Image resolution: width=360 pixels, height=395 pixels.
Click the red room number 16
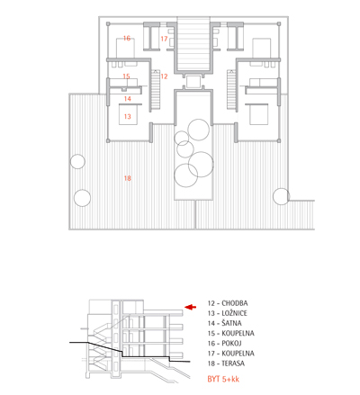click(x=127, y=38)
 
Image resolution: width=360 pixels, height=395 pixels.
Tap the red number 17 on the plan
click(x=164, y=39)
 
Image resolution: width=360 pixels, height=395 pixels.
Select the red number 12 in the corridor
click(x=164, y=76)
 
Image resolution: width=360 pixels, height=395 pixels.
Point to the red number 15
click(x=126, y=76)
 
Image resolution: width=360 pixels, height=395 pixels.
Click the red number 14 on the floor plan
click(x=127, y=99)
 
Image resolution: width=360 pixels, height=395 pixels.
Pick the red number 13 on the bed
click(x=127, y=116)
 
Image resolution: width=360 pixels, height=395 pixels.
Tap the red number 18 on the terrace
click(x=127, y=178)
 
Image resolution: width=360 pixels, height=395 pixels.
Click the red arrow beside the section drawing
click(x=190, y=307)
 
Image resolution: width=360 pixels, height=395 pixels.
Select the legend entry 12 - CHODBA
click(x=228, y=303)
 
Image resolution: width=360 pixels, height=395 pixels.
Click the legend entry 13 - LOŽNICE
click(x=228, y=313)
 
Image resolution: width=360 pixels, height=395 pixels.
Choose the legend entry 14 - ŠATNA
click(x=224, y=323)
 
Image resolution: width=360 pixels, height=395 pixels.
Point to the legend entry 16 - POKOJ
click(x=224, y=344)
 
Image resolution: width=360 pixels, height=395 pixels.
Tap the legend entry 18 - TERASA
click(x=226, y=364)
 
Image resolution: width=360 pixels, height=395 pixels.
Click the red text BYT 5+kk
click(x=223, y=379)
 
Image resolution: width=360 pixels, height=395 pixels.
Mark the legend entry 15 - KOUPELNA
click(x=231, y=333)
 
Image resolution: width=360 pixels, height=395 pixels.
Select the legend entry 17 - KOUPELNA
click(x=231, y=354)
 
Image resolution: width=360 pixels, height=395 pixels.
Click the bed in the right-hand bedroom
click(x=258, y=114)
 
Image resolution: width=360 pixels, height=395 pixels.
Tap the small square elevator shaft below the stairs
click(x=193, y=82)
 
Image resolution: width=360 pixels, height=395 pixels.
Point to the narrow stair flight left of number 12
click(x=155, y=90)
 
